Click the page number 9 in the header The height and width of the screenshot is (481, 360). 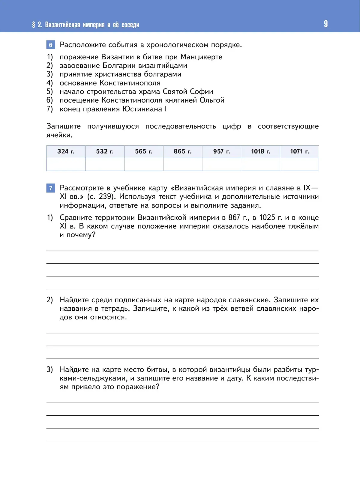(326, 24)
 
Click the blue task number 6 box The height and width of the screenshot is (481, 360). (51, 45)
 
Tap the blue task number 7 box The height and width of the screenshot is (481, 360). (51, 188)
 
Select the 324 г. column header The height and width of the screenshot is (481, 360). (66, 151)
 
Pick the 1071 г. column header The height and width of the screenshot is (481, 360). (299, 151)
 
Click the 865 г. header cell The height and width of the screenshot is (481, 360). (182, 151)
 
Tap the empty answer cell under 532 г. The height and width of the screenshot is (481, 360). (105, 164)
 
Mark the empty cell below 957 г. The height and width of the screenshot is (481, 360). (221, 164)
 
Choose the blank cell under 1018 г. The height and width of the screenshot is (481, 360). (260, 164)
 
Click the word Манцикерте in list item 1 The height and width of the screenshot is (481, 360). (201, 57)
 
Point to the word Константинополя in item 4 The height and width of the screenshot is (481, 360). (130, 83)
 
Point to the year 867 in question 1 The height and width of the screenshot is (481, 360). (234, 217)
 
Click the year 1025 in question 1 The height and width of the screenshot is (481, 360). (267, 217)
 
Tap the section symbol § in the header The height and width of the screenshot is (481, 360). (34, 25)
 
